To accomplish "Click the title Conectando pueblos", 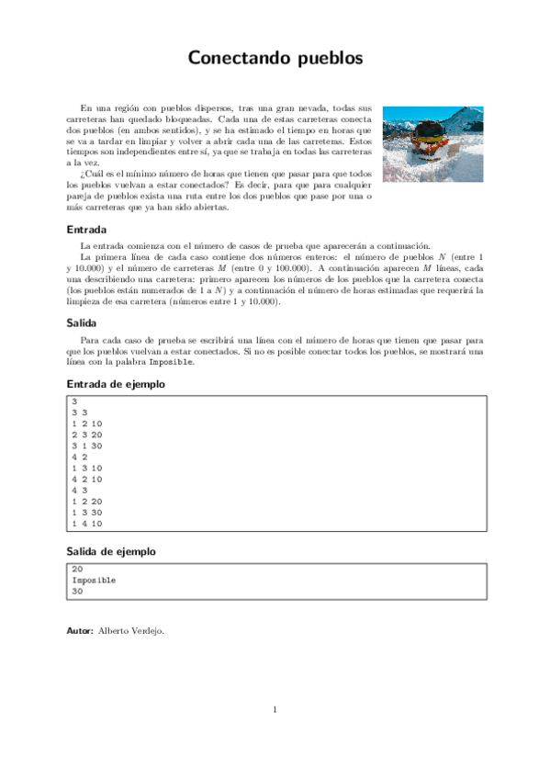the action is tap(275, 58).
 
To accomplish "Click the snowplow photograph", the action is tap(432, 143).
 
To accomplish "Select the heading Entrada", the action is tap(87, 230).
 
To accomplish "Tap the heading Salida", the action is tap(84, 322).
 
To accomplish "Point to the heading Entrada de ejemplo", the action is tap(116, 384).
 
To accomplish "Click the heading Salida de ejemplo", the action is tap(111, 551).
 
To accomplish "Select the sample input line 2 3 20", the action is tap(86, 437).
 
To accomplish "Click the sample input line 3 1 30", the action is tap(86, 449).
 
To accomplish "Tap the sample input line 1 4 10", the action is tap(86, 524).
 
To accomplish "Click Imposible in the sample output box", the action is tap(94, 581).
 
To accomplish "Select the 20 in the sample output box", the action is tap(76, 569).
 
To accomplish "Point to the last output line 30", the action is tap(76, 593).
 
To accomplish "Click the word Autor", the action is tap(80, 631).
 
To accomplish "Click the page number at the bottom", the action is tap(275, 709).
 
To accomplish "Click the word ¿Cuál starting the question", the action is tap(94, 174).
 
